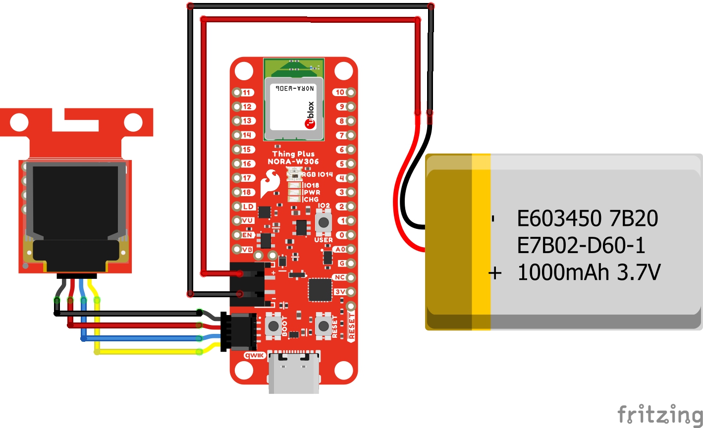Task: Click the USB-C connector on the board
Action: tap(294, 372)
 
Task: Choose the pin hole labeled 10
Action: tap(351, 92)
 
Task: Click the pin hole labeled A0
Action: tap(351, 249)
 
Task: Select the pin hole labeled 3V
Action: tap(351, 292)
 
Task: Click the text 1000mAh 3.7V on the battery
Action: tap(589, 272)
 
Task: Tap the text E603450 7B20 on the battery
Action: tap(587, 218)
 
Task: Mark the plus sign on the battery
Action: tap(495, 273)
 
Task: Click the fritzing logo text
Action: tap(659, 414)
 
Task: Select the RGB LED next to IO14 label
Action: tap(294, 173)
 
